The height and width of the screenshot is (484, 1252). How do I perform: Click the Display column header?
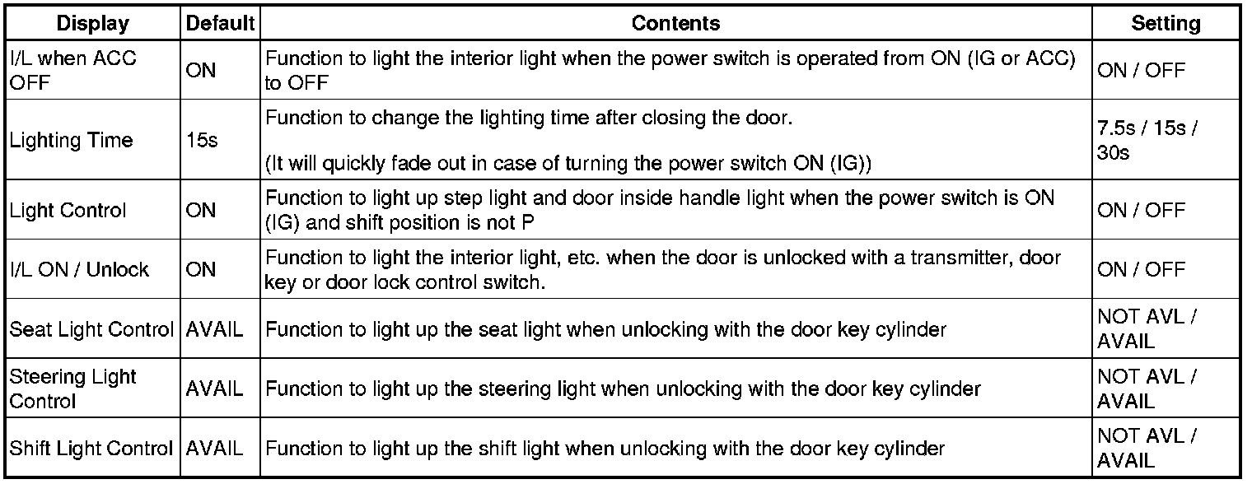92,24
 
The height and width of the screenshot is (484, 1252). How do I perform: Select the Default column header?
219,24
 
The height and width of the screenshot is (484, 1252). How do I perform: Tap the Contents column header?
675,24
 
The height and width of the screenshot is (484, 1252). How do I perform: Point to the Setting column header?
1166,24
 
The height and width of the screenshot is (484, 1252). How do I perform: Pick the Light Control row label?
68,211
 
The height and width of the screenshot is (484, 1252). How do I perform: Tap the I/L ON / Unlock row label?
79,269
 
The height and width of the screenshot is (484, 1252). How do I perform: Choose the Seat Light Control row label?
91,330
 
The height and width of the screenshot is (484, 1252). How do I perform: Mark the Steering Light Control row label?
72,389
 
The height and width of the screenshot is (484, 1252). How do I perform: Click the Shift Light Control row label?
91,449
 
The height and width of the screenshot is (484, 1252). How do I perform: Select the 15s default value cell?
202,141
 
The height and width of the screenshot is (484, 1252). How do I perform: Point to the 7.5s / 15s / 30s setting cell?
1147,141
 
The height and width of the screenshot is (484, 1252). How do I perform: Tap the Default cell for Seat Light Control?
215,330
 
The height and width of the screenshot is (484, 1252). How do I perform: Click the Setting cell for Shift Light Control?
1147,449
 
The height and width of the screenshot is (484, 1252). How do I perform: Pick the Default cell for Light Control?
201,211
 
